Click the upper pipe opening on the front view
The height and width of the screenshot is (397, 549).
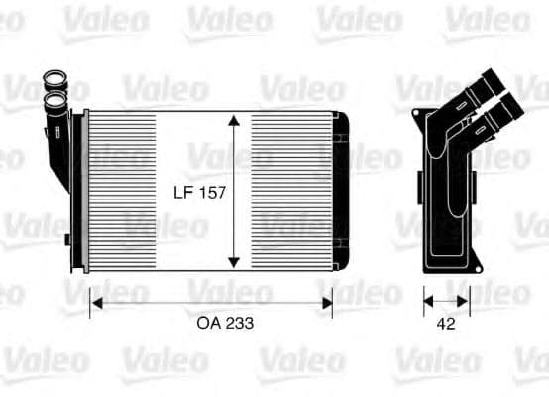[x=52, y=79]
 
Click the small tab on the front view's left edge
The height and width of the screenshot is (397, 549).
[x=66, y=239]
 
